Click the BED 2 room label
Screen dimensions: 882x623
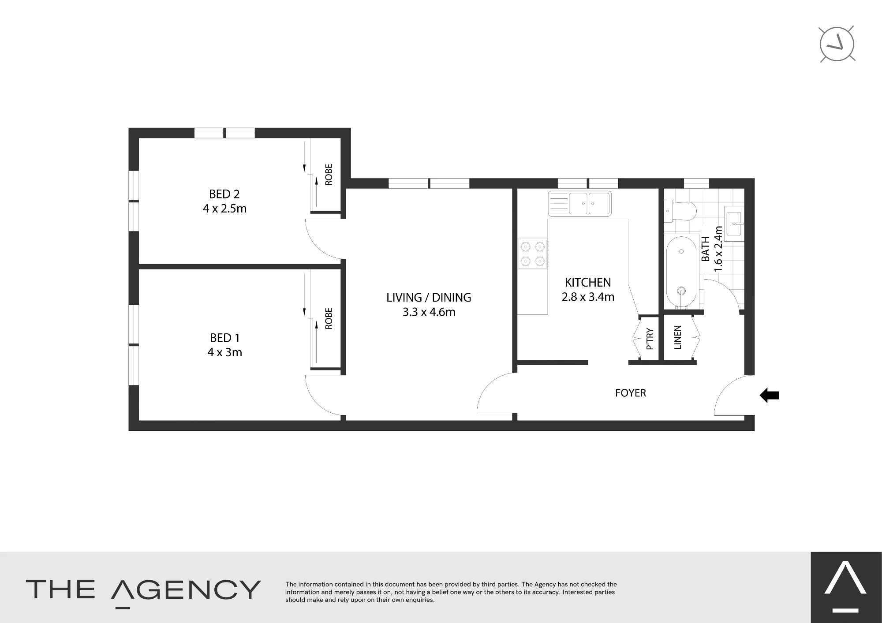(224, 194)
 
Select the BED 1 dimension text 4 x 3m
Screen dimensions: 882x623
(224, 352)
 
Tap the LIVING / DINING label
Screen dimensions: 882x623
(429, 298)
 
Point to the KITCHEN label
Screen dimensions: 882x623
(588, 282)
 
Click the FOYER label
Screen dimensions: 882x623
(631, 393)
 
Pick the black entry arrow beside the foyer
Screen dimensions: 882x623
(769, 395)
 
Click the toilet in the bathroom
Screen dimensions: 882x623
(680, 210)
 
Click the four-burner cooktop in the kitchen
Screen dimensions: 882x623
(533, 254)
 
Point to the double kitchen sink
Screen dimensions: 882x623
(579, 203)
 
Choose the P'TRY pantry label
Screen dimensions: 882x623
(649, 339)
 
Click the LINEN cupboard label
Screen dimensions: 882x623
(678, 337)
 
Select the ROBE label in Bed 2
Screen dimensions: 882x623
(329, 175)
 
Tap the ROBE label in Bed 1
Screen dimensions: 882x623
(329, 318)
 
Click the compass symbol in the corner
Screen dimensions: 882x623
(837, 44)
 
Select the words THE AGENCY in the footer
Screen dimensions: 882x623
(143, 590)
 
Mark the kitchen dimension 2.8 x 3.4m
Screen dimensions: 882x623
(588, 297)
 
